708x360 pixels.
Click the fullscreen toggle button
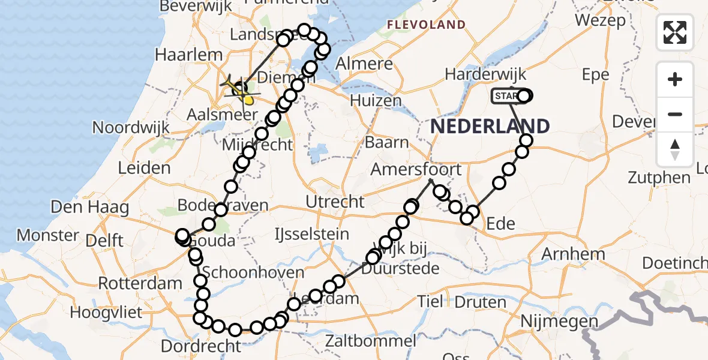pos(675,32)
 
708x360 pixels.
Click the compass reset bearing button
pos(675,149)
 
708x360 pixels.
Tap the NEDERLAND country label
pos(490,127)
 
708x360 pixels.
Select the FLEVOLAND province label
pos(426,25)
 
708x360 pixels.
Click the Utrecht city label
pos(335,202)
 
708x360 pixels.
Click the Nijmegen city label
pos(560,322)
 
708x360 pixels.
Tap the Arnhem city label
pos(573,254)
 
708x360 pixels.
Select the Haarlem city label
pos(181,55)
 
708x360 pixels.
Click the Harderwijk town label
pos(485,74)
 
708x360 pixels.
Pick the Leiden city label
pos(144,167)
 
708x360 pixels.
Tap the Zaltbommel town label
pos(368,341)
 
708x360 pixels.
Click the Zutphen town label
pos(659,178)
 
